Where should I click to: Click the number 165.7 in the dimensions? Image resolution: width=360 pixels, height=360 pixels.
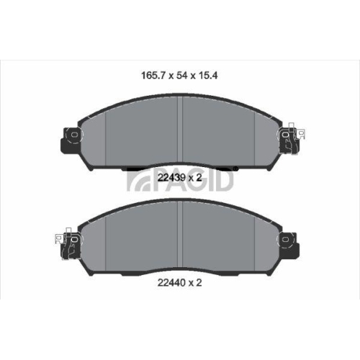(x=150, y=73)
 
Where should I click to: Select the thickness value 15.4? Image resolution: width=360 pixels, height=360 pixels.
(x=209, y=73)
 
